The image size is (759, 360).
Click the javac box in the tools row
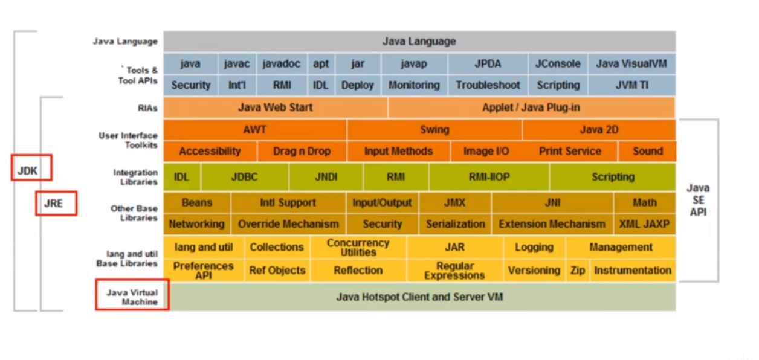[236, 64]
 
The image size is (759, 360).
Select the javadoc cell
[282, 64]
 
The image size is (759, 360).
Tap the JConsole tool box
[558, 64]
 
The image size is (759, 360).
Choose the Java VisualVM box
[631, 64]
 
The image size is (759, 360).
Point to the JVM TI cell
[631, 85]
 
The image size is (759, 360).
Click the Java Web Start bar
[275, 108]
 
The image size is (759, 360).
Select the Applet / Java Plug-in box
[531, 108]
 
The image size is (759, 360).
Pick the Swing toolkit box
[434, 130]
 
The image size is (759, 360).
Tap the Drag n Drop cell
[302, 151]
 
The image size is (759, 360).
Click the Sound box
[647, 151]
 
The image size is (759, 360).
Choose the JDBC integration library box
[245, 177]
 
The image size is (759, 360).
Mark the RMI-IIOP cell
[489, 177]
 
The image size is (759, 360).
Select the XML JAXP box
[644, 224]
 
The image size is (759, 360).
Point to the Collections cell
[277, 247]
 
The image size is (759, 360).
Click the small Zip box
[578, 271]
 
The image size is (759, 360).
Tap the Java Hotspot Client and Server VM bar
[419, 297]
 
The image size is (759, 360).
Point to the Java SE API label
[698, 200]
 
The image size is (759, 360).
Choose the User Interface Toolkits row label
[128, 140]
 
